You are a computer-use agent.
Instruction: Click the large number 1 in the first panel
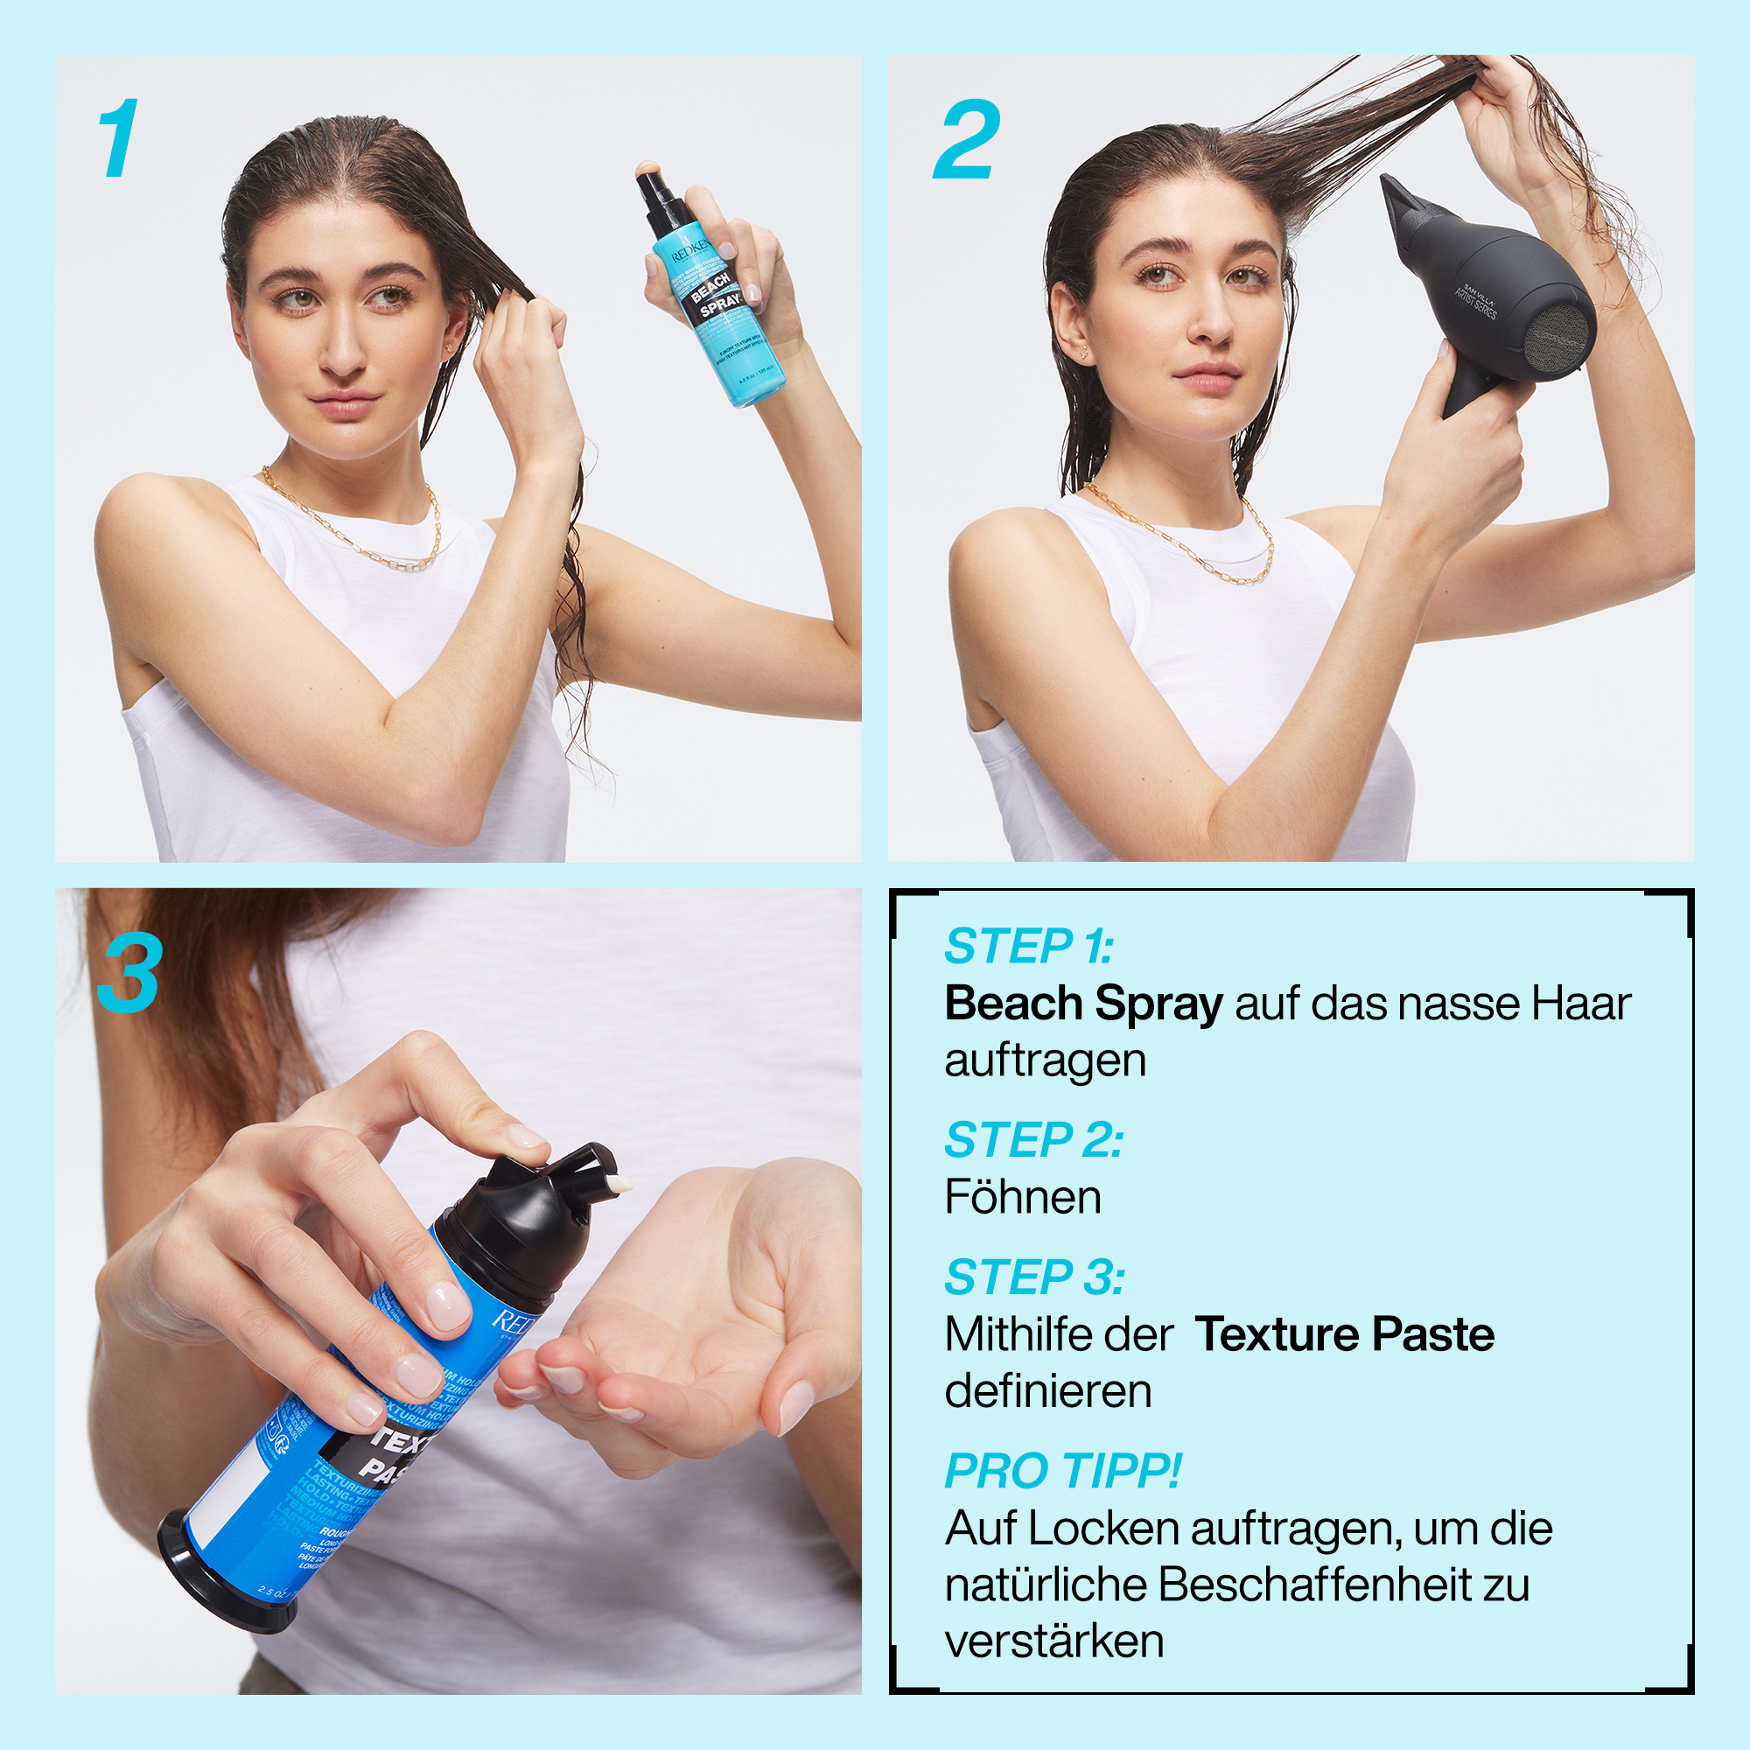120,138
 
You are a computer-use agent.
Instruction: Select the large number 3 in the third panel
129,974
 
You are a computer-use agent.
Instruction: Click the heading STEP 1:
1028,947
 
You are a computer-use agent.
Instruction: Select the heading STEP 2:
1032,1139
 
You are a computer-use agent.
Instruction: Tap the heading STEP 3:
1033,1277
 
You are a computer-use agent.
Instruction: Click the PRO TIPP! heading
1062,1470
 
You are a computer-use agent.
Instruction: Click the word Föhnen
1023,1198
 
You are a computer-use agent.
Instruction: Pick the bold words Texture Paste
1344,1334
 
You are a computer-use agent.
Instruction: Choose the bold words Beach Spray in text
1083,1004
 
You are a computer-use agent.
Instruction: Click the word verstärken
1053,1641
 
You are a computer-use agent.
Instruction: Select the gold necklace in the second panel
1195,552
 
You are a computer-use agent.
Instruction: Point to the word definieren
1048,1391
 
